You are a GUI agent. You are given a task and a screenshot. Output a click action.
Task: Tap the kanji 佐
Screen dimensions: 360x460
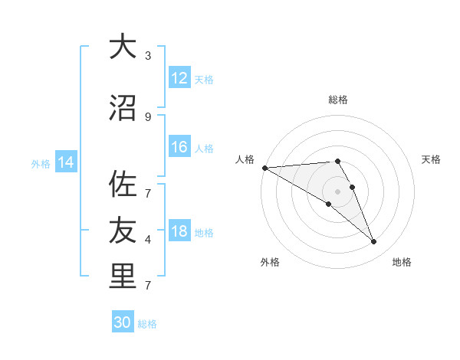click(122, 184)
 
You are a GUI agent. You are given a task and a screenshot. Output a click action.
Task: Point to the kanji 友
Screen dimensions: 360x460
click(122, 230)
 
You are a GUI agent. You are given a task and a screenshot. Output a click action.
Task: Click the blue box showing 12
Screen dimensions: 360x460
click(179, 78)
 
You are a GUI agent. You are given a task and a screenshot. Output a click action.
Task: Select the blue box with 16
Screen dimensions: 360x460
click(179, 147)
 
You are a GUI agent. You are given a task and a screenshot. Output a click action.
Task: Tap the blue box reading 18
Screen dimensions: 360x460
click(179, 232)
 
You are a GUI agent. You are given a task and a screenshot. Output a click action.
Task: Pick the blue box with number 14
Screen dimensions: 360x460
click(66, 162)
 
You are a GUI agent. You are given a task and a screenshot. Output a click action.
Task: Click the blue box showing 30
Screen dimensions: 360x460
click(123, 322)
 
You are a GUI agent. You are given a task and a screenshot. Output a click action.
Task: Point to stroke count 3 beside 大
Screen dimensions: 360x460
click(148, 55)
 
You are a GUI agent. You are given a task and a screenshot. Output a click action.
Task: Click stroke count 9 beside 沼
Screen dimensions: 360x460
click(148, 116)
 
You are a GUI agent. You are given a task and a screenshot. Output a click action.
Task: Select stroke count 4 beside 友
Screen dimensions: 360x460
click(148, 240)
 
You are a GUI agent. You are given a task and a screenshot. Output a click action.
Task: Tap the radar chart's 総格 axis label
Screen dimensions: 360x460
click(338, 100)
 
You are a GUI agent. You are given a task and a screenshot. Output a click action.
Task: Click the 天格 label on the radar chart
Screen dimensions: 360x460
click(432, 159)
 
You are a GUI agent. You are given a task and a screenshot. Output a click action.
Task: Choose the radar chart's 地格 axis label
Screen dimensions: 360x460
click(402, 262)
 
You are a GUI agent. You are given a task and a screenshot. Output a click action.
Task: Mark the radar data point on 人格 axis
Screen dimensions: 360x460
click(264, 167)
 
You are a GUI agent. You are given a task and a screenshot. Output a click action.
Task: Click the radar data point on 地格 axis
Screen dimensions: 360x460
click(374, 242)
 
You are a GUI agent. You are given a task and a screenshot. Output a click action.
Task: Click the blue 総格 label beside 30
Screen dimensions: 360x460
click(147, 324)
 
